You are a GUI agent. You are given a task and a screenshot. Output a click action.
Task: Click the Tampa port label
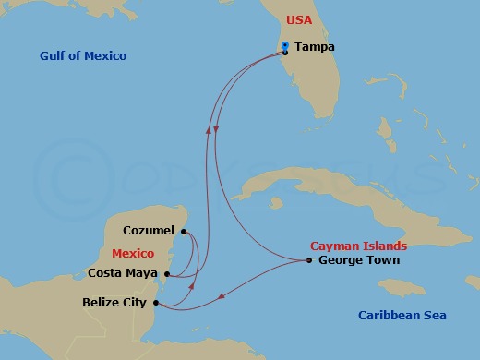click(x=315, y=47)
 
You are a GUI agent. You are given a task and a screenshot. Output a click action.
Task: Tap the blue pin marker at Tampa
click(x=285, y=46)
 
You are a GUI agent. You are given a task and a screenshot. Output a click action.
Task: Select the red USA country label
click(x=299, y=19)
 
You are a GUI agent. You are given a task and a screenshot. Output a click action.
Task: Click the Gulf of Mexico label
click(x=83, y=56)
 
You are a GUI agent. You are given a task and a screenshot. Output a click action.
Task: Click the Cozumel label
click(x=150, y=230)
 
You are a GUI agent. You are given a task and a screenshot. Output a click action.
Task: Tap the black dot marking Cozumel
click(x=184, y=231)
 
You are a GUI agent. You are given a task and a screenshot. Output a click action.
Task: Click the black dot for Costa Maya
click(x=166, y=273)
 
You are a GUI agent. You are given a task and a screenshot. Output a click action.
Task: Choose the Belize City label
click(x=115, y=302)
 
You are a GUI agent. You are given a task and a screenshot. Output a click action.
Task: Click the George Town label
click(x=358, y=260)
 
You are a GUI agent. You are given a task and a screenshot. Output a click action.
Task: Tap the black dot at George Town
click(x=309, y=260)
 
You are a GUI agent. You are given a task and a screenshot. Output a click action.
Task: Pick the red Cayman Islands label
click(x=358, y=246)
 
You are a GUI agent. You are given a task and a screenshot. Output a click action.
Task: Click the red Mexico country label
click(x=132, y=252)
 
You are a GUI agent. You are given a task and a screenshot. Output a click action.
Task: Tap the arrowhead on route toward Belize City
click(x=222, y=297)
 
